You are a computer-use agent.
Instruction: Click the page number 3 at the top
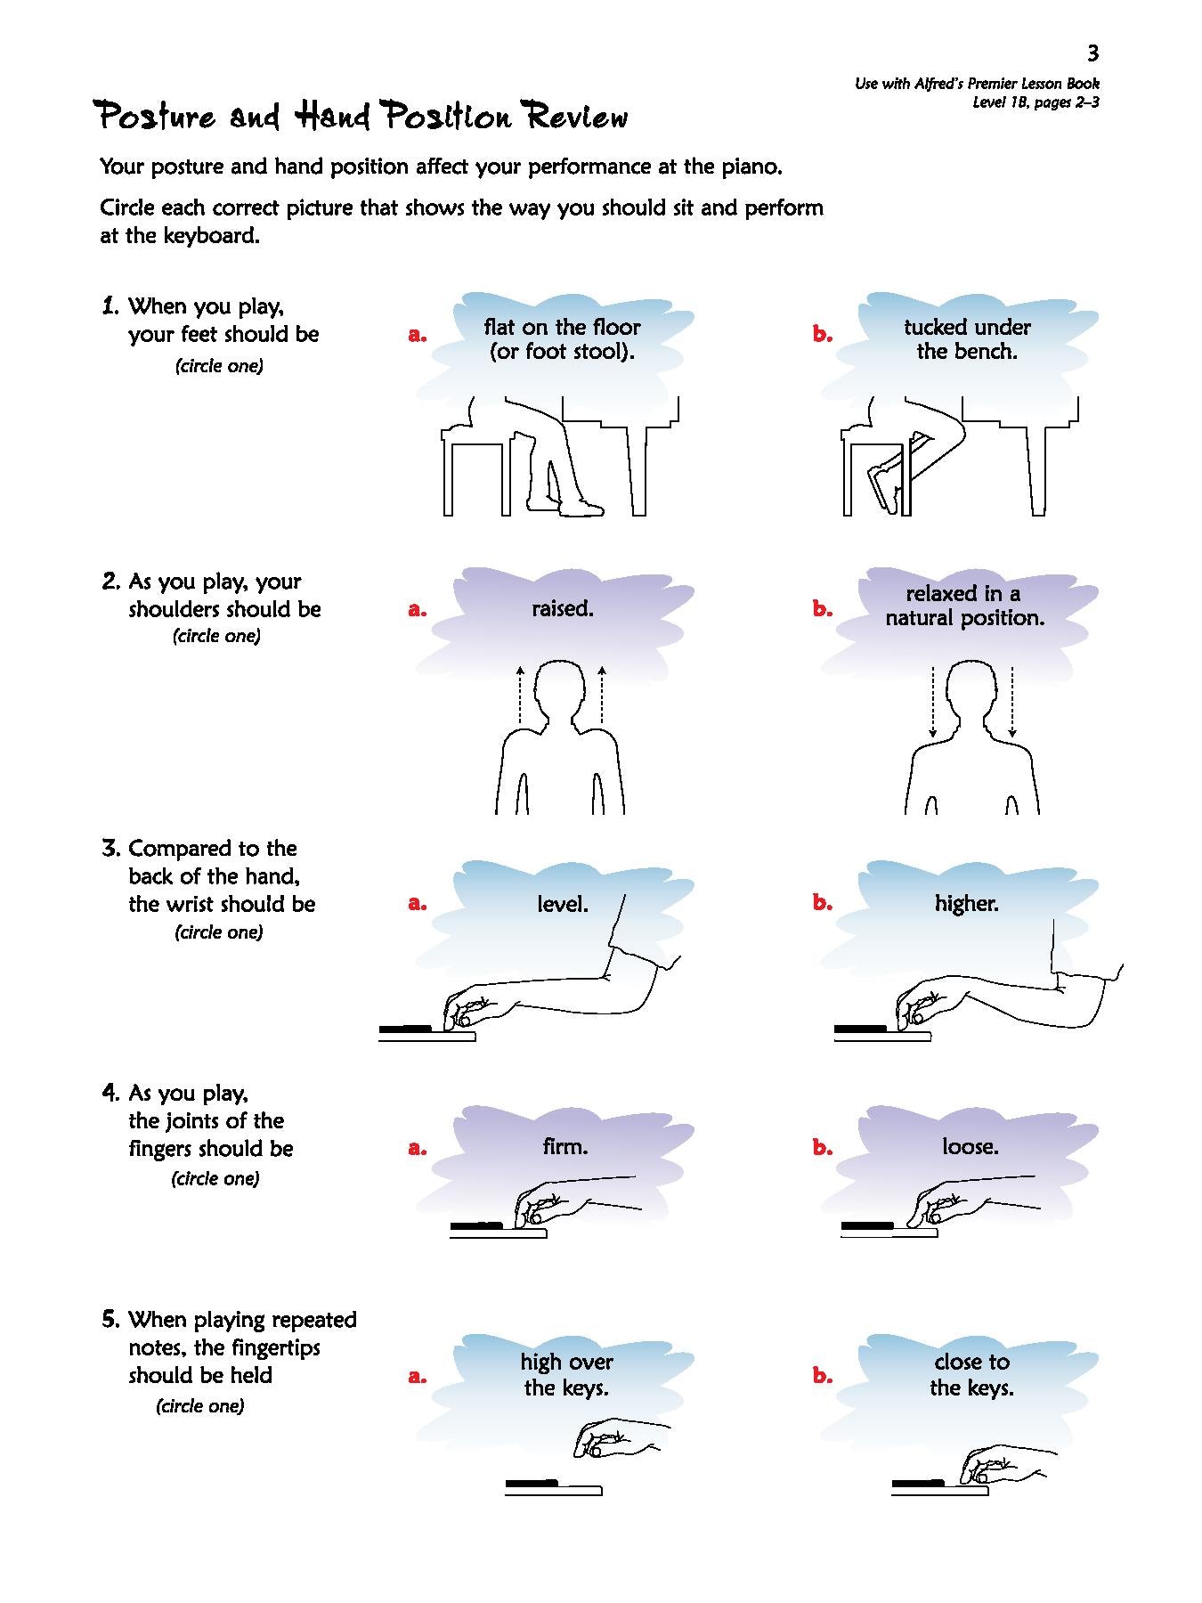[x=1092, y=53]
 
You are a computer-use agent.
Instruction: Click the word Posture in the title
[x=157, y=117]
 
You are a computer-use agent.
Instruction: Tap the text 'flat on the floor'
[x=562, y=327]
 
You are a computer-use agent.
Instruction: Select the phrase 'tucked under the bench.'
[x=967, y=339]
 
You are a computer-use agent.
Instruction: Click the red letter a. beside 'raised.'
[x=417, y=610]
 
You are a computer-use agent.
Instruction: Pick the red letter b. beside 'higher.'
[x=822, y=902]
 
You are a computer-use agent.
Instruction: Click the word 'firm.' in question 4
[x=564, y=1146]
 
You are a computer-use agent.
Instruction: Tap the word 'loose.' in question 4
[x=971, y=1146]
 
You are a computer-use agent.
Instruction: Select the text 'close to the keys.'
[x=971, y=1374]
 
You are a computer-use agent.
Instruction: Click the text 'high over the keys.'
[x=566, y=1374]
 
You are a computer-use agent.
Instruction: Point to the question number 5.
[x=110, y=1319]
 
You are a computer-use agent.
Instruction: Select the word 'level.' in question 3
[x=563, y=904]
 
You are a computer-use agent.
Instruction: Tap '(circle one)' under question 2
[x=216, y=636]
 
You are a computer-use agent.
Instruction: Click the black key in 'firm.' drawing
[x=475, y=1226]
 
